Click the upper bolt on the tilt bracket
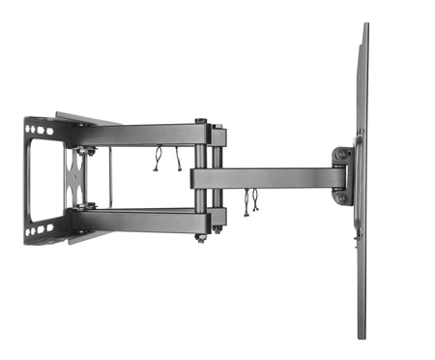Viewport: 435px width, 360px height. pyautogui.click(x=340, y=155)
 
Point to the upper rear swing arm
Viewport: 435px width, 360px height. pyautogui.click(x=145, y=135)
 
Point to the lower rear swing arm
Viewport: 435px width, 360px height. pyautogui.click(x=145, y=220)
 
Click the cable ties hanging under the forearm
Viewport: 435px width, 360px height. pyautogui.click(x=250, y=202)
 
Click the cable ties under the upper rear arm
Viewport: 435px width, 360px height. pyautogui.click(x=166, y=158)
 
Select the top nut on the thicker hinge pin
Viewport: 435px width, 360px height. pyautogui.click(x=201, y=122)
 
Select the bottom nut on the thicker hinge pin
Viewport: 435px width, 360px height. pyautogui.click(x=201, y=236)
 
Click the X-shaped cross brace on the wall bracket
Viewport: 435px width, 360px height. pyautogui.click(x=74, y=179)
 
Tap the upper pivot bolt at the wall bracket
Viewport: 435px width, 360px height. pyautogui.click(x=87, y=151)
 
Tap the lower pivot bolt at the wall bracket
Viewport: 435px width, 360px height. pyautogui.click(x=87, y=206)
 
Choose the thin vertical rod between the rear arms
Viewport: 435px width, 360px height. pyautogui.click(x=110, y=179)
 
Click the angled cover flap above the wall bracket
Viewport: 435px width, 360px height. pyautogui.click(x=87, y=118)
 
